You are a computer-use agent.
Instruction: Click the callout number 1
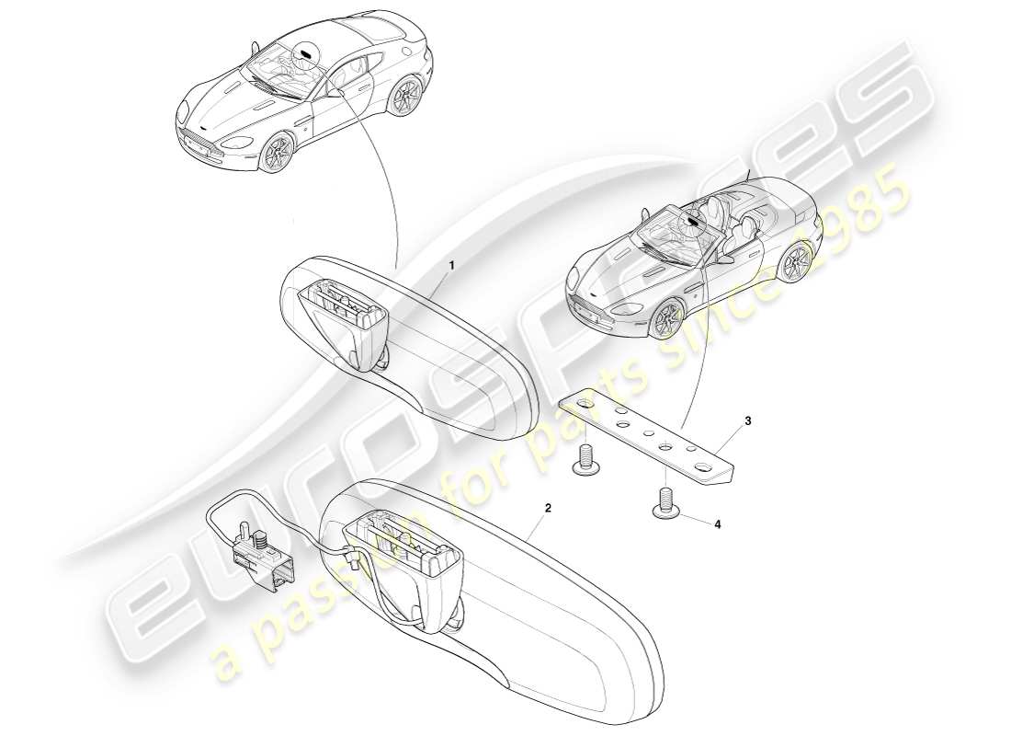click(x=451, y=264)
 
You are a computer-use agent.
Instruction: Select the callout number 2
click(x=547, y=507)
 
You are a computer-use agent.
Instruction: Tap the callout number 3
click(x=748, y=420)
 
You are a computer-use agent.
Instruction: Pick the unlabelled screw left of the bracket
click(x=585, y=460)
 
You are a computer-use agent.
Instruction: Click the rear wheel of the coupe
click(x=402, y=98)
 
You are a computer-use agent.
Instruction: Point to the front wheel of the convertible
click(x=668, y=321)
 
